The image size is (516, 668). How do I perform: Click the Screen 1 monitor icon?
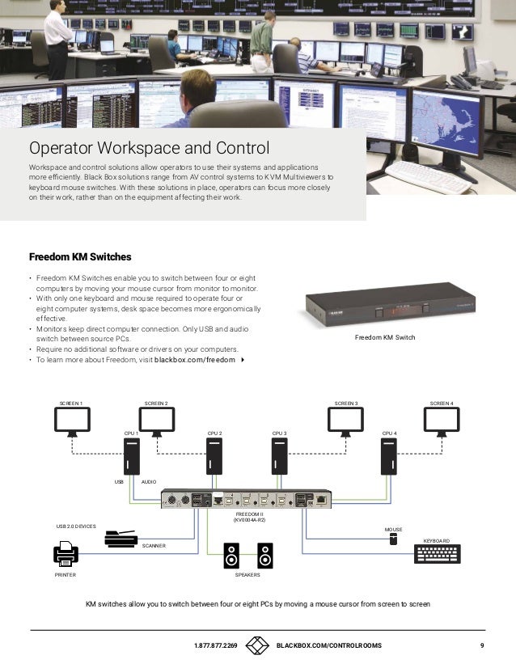tap(72, 420)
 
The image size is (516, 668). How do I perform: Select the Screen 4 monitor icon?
tap(442, 420)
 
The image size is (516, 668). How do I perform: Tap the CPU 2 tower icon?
tap(214, 457)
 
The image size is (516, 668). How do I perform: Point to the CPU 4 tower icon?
tap(388, 457)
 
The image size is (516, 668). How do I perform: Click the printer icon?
tap(66, 555)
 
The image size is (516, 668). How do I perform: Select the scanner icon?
tap(122, 539)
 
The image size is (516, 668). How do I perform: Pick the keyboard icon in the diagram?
tap(437, 554)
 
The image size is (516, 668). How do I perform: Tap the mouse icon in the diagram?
tap(393, 539)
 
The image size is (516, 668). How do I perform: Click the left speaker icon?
tap(232, 555)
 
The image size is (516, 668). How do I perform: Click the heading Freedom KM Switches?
tap(80, 257)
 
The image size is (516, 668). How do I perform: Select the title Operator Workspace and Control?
tap(149, 149)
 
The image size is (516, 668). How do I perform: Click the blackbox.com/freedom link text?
tap(195, 359)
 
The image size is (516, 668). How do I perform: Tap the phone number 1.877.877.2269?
tap(216, 646)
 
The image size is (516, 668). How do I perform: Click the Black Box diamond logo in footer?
tap(257, 645)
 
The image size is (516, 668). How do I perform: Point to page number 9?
tap(481, 646)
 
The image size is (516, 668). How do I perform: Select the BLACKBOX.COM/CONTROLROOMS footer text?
tap(329, 646)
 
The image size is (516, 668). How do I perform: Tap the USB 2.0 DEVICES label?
tap(76, 526)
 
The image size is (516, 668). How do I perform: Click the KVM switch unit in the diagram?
tap(246, 501)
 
